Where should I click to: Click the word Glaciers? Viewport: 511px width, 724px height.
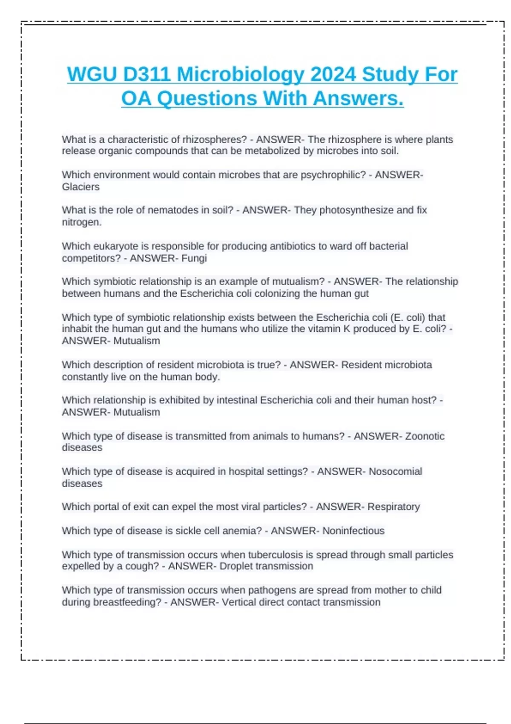click(x=80, y=187)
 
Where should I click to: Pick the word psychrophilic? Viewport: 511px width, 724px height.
click(x=333, y=175)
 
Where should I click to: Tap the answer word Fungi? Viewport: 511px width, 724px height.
click(x=194, y=258)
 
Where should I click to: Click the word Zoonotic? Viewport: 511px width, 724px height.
click(x=425, y=436)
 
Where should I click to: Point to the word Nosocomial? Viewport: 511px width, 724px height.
click(x=395, y=471)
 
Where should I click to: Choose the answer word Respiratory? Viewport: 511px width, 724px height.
click(x=393, y=507)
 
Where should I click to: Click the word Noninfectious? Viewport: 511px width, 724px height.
click(x=353, y=531)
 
